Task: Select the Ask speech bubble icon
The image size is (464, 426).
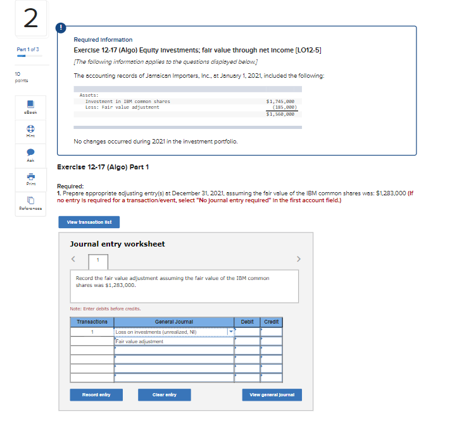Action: [30, 153]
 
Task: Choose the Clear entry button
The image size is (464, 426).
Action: [164, 395]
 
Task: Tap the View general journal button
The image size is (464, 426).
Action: [272, 395]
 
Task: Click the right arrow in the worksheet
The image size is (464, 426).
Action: [298, 259]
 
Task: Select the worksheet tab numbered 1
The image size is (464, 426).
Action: [97, 260]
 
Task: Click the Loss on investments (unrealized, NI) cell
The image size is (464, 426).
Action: [171, 332]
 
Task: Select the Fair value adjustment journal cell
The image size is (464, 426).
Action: [171, 341]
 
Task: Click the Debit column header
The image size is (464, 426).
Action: [247, 322]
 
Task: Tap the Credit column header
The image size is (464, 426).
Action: [271, 322]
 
